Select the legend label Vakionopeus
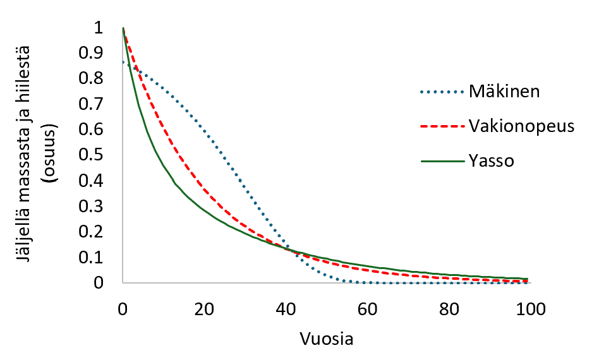pos(521,126)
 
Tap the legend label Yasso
pos(491,161)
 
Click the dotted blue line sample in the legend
pos(441,92)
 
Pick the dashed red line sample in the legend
pos(441,126)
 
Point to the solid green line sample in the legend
pos(441,161)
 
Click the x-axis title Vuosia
pos(325,339)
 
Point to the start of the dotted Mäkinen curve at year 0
pos(124,62)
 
